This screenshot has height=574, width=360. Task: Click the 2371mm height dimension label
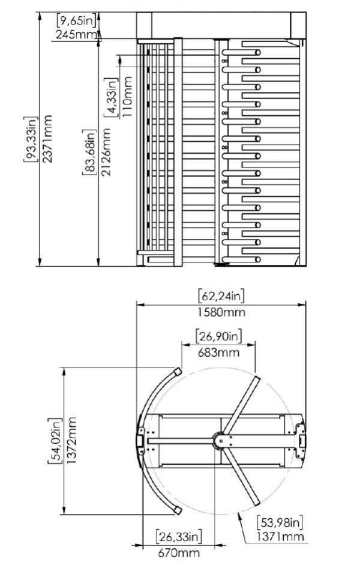46,139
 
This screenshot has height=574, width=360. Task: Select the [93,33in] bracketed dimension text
31,139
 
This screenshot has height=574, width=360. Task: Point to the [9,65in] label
77,20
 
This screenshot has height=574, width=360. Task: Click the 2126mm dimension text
106,152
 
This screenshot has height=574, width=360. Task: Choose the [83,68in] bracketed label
89,152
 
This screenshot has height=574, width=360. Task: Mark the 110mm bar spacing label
127,97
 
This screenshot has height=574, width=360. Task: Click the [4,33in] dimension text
111,97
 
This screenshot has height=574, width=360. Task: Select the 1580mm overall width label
221,312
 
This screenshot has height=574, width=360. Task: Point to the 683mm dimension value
219,352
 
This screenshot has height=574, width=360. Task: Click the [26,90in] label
219,336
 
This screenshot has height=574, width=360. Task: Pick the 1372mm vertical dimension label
72,440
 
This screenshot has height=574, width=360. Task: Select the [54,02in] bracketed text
55,440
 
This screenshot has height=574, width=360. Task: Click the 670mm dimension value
179,552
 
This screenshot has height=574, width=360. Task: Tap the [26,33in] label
179,536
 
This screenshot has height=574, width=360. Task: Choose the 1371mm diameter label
280,537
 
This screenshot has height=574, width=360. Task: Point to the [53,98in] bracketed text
280,522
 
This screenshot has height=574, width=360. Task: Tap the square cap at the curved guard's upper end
178,372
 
